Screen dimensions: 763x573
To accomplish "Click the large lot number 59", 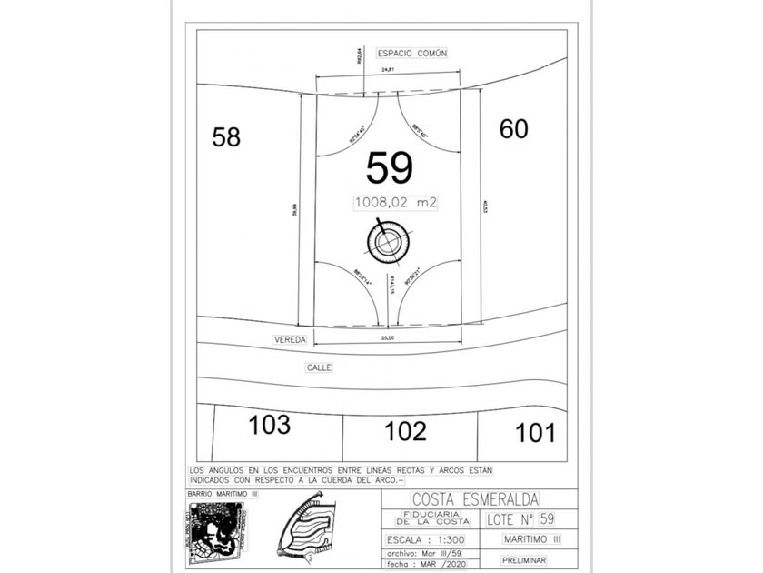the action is tap(390, 168).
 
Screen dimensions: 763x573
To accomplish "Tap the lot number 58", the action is tap(226, 137).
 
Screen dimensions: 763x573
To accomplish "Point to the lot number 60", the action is tap(513, 130).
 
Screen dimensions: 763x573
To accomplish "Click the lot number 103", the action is tap(270, 425).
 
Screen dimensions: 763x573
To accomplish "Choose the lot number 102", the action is tap(405, 431).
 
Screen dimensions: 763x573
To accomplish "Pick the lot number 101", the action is tap(535, 433).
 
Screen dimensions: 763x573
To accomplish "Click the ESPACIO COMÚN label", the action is tap(412, 54).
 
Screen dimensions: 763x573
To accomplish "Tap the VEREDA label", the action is tap(291, 339).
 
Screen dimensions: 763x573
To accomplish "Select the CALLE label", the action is tap(319, 367).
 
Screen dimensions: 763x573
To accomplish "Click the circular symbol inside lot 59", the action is tap(388, 240).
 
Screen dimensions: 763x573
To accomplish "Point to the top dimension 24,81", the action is tap(388, 70).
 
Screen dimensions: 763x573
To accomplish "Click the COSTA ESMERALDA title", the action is tap(475, 499).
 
